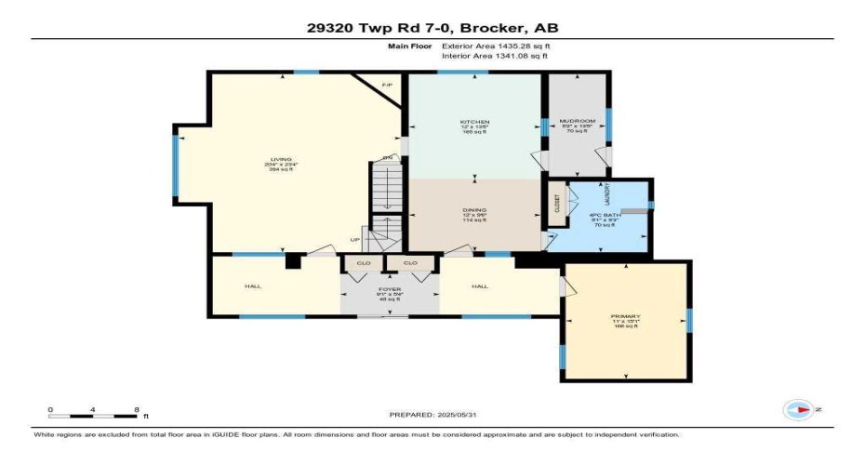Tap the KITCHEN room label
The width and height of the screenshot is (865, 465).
[474, 122]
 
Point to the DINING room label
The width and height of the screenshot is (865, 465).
[474, 209]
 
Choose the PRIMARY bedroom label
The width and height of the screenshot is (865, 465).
[625, 316]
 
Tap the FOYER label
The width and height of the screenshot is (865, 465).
[390, 289]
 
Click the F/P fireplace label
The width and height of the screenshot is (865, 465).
[387, 86]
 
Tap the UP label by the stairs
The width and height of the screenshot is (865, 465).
[354, 240]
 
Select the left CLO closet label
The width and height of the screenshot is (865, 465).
[363, 264]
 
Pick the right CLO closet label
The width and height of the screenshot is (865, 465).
[410, 264]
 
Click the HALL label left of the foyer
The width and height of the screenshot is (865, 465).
[252, 286]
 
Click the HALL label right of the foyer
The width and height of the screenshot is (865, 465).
[480, 286]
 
